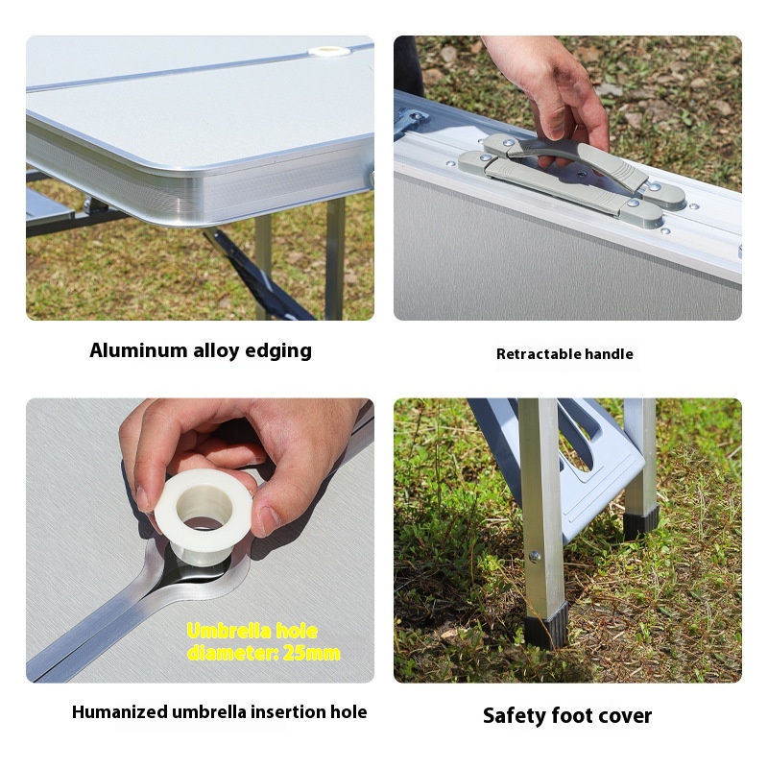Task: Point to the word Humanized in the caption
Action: (x=119, y=711)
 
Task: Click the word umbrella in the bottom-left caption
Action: (x=209, y=711)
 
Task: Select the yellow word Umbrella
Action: (x=229, y=631)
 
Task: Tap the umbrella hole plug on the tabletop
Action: (x=326, y=51)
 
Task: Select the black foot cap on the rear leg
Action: (x=640, y=522)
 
